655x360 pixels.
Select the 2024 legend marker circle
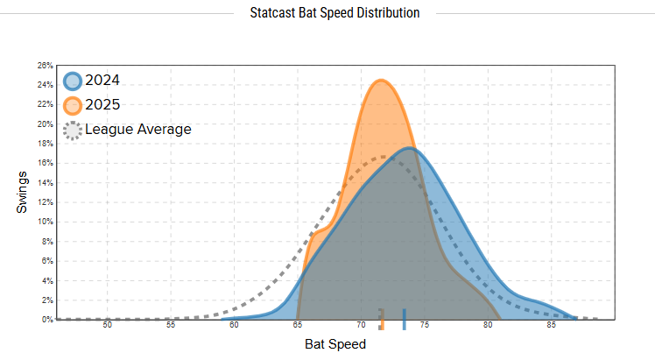[x=74, y=81]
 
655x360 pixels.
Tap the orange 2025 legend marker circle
[x=74, y=106]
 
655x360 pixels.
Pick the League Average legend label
[x=137, y=130]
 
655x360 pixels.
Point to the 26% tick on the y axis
[x=46, y=66]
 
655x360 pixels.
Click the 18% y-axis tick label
[x=46, y=144]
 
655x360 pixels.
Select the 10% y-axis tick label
[x=46, y=222]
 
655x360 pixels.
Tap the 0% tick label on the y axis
[x=47, y=320]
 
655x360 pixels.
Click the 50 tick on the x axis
[x=108, y=326]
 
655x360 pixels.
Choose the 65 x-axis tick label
[x=298, y=326]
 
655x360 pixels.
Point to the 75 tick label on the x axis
[x=425, y=326]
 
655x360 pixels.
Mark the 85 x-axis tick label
[x=551, y=326]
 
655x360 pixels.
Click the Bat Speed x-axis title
[x=335, y=345]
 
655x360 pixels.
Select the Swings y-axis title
[x=23, y=193]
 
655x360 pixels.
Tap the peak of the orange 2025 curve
[x=382, y=81]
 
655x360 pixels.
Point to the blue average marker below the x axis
[x=404, y=320]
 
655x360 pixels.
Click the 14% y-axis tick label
[x=46, y=183]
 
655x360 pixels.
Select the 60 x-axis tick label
[x=235, y=326]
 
